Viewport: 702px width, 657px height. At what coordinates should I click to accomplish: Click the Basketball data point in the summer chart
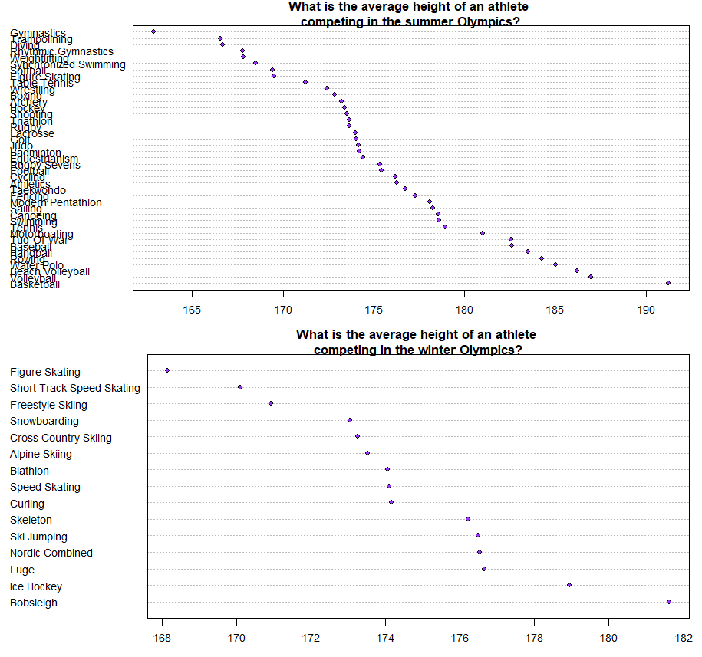pyautogui.click(x=668, y=283)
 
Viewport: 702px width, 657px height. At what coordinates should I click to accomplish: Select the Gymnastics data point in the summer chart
pyautogui.click(x=153, y=31)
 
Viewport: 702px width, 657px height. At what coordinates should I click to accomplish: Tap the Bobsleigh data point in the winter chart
pyautogui.click(x=669, y=602)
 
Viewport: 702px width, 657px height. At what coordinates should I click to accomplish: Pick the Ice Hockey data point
pyautogui.click(x=569, y=585)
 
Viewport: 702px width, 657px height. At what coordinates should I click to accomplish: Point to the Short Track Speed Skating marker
pyautogui.click(x=240, y=387)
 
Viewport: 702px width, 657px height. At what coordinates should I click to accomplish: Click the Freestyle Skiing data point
pyautogui.click(x=270, y=403)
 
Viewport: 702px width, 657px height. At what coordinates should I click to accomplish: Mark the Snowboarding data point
pyautogui.click(x=350, y=420)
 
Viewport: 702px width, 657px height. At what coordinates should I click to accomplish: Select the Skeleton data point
pyautogui.click(x=468, y=519)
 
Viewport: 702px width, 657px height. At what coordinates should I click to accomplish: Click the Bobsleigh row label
pyautogui.click(x=34, y=603)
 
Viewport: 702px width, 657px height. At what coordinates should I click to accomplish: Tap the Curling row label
pyautogui.click(x=27, y=504)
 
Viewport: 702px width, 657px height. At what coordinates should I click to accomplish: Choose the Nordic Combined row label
pyautogui.click(x=51, y=553)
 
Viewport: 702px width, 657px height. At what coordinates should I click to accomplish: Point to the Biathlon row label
pyautogui.click(x=29, y=471)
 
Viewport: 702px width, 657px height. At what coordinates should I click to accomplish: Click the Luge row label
pyautogui.click(x=22, y=570)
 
